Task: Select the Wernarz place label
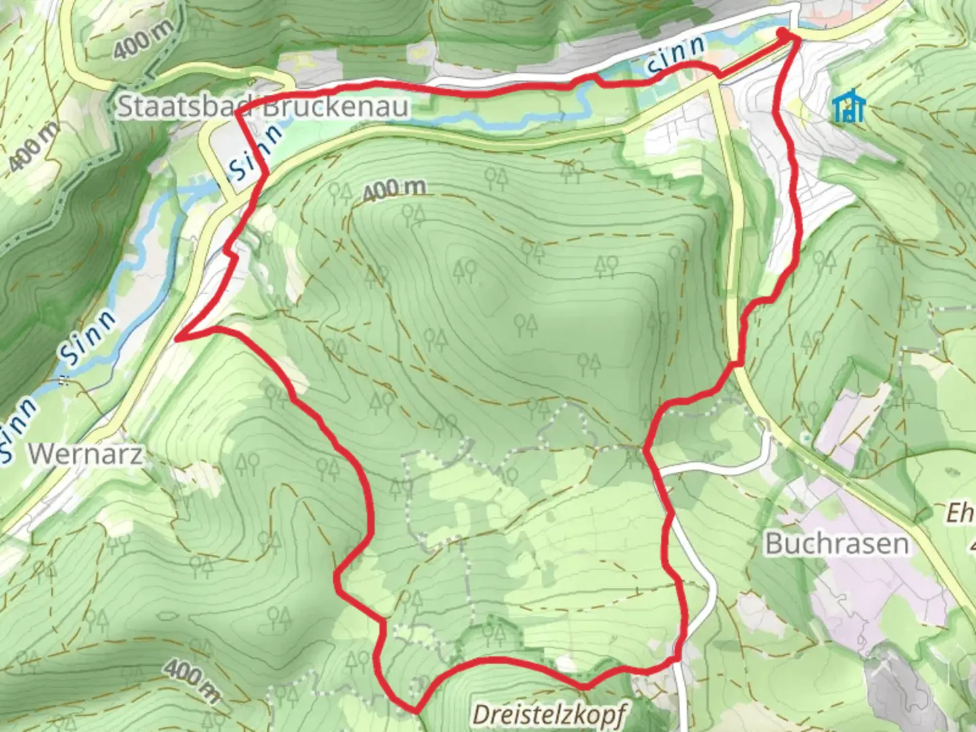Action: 86,454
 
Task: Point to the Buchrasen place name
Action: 836,544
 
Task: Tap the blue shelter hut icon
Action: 849,108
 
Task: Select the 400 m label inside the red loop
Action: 394,190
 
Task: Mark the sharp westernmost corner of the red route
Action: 177,336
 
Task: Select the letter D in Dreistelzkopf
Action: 481,714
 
